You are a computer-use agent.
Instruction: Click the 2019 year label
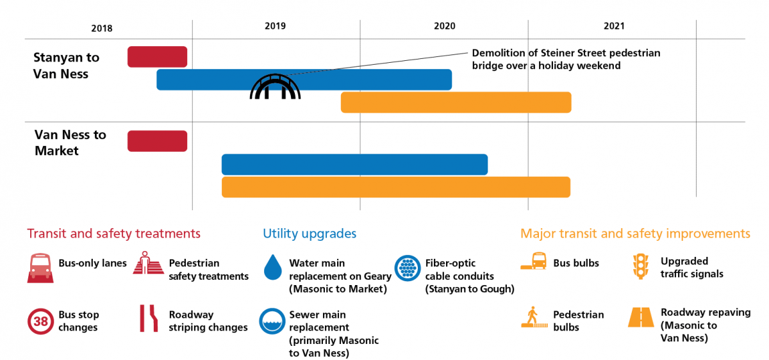275,26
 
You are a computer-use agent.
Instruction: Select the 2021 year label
613,26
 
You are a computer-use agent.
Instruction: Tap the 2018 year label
102,28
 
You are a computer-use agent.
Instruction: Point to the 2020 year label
444,26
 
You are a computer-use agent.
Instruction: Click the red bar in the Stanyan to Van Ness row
157,56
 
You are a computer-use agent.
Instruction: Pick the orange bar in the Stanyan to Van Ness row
456,102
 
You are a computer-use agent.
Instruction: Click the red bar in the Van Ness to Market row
157,141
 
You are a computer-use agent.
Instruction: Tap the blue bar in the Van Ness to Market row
354,165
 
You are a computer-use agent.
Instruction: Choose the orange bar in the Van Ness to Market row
395,187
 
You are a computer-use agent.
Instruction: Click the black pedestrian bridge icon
275,87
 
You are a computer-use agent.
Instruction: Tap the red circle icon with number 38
40,321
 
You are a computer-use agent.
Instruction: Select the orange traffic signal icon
640,266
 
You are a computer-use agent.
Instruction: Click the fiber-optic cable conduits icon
406,268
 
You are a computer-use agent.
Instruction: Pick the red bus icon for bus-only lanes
40,268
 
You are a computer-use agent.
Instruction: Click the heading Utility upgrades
310,234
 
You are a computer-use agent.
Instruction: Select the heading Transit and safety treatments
113,234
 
